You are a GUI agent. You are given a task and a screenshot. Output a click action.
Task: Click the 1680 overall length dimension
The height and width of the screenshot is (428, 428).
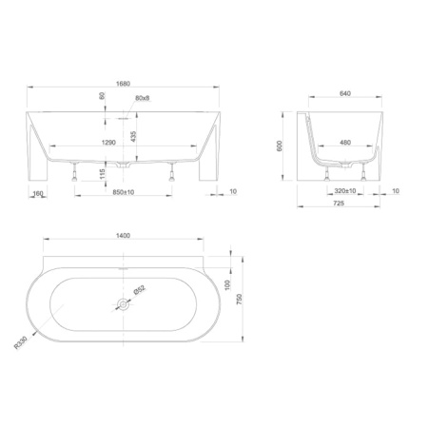(123, 84)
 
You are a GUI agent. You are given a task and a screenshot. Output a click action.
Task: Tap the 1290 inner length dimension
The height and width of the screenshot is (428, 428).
(108, 143)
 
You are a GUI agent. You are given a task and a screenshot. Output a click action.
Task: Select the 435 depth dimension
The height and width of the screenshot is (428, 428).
(133, 137)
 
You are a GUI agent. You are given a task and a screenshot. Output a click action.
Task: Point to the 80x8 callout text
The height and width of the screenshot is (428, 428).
(143, 98)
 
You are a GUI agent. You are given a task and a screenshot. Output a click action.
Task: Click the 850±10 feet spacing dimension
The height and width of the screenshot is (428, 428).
(124, 192)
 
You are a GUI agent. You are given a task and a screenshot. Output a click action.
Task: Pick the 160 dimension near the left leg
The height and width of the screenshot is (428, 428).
(38, 193)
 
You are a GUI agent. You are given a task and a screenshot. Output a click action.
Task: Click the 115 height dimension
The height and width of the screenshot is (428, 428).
(102, 174)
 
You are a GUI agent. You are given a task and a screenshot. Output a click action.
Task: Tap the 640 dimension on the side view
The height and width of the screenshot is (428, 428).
(345, 93)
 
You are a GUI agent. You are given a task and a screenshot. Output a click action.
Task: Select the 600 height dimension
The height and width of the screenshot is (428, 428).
(280, 146)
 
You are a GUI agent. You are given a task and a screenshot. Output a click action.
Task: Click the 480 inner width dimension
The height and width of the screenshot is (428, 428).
(345, 143)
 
